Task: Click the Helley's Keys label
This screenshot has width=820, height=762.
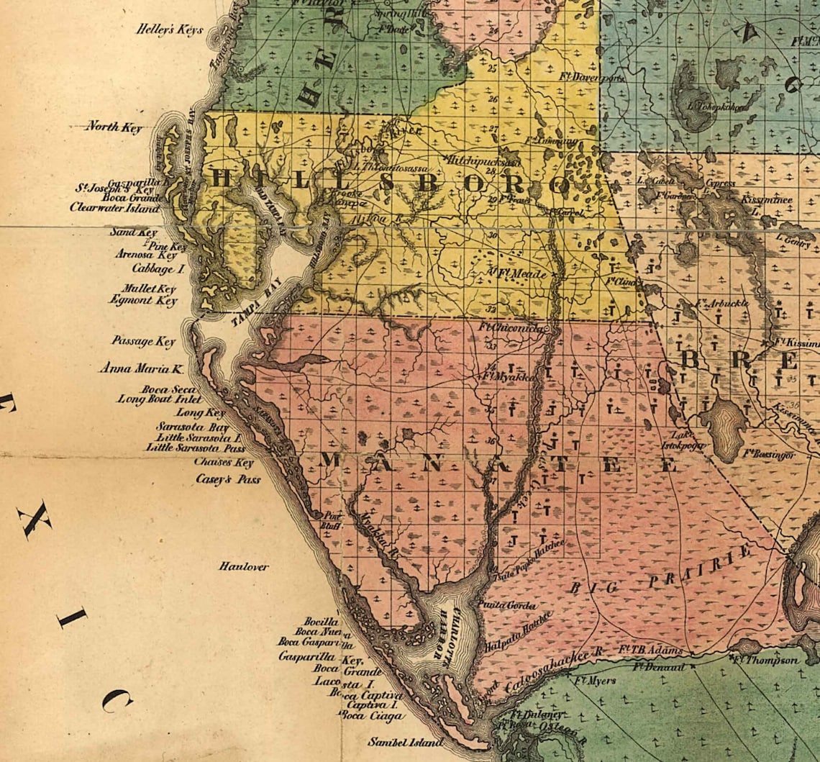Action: (170, 31)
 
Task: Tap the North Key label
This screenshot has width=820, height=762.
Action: (114, 127)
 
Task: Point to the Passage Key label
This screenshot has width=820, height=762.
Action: (143, 341)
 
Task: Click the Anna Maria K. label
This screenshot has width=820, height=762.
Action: (142, 368)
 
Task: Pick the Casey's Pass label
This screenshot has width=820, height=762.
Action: (228, 479)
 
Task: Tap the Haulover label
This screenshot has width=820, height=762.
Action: (244, 566)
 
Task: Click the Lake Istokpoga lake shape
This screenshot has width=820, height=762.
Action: (723, 426)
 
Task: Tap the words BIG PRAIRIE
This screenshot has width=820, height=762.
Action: (662, 573)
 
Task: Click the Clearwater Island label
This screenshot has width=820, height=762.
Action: (114, 207)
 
